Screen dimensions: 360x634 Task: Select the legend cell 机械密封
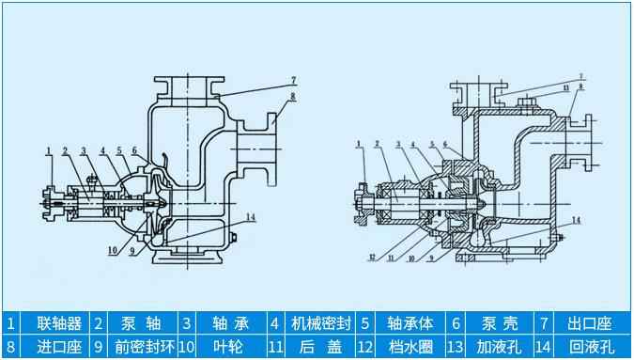(320, 323)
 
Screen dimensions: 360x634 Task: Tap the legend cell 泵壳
(499, 323)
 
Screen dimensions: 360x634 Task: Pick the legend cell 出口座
(589, 323)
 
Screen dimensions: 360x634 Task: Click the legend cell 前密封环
(140, 347)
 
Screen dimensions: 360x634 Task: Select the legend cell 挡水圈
(409, 347)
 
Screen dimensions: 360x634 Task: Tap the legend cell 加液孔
(499, 347)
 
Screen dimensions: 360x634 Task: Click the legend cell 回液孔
(589, 347)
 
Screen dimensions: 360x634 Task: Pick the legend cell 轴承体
(409, 323)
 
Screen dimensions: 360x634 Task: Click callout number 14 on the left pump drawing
(250, 217)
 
